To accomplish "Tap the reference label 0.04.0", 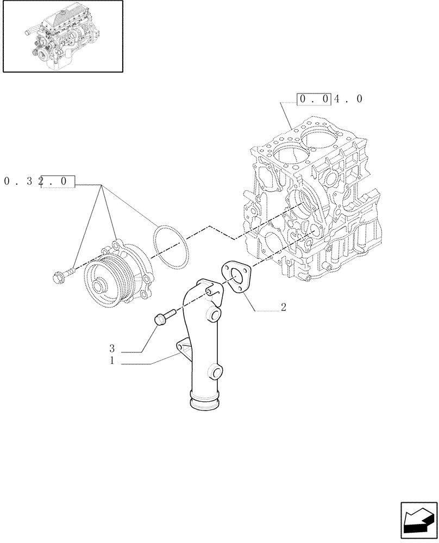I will click(x=329, y=99).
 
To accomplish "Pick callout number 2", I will click(x=283, y=307).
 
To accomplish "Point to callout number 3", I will click(x=112, y=348).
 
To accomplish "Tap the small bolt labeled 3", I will click(x=164, y=317).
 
